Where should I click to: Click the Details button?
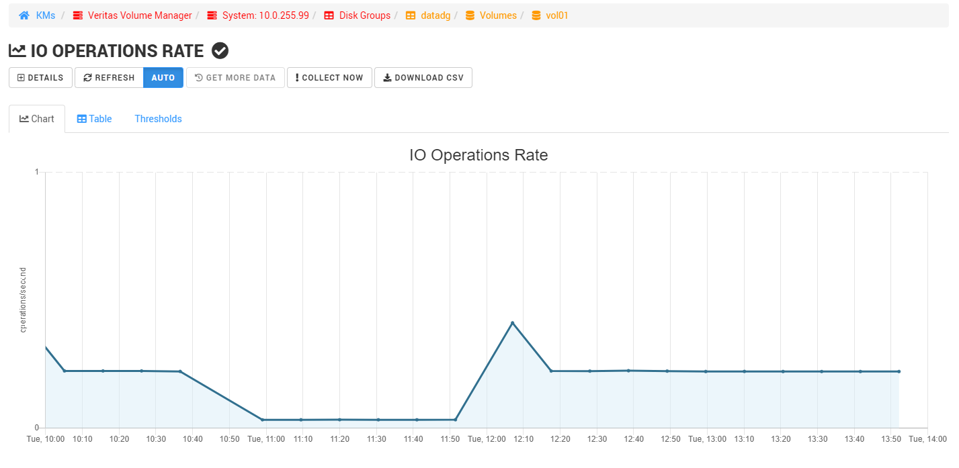(x=40, y=78)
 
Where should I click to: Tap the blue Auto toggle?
(x=163, y=78)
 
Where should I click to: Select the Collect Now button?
(x=329, y=78)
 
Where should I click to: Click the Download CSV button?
(x=423, y=78)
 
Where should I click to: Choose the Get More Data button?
(x=235, y=78)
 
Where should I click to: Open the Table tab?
(x=94, y=119)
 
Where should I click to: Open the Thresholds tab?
(x=158, y=119)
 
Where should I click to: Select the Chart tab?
(x=37, y=119)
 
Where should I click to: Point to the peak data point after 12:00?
(x=513, y=323)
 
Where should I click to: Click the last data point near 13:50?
(x=899, y=371)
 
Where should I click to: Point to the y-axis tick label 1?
(x=36, y=173)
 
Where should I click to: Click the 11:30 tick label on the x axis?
(x=376, y=439)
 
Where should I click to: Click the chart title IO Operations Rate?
(x=478, y=155)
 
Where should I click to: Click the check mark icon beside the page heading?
(x=220, y=50)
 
